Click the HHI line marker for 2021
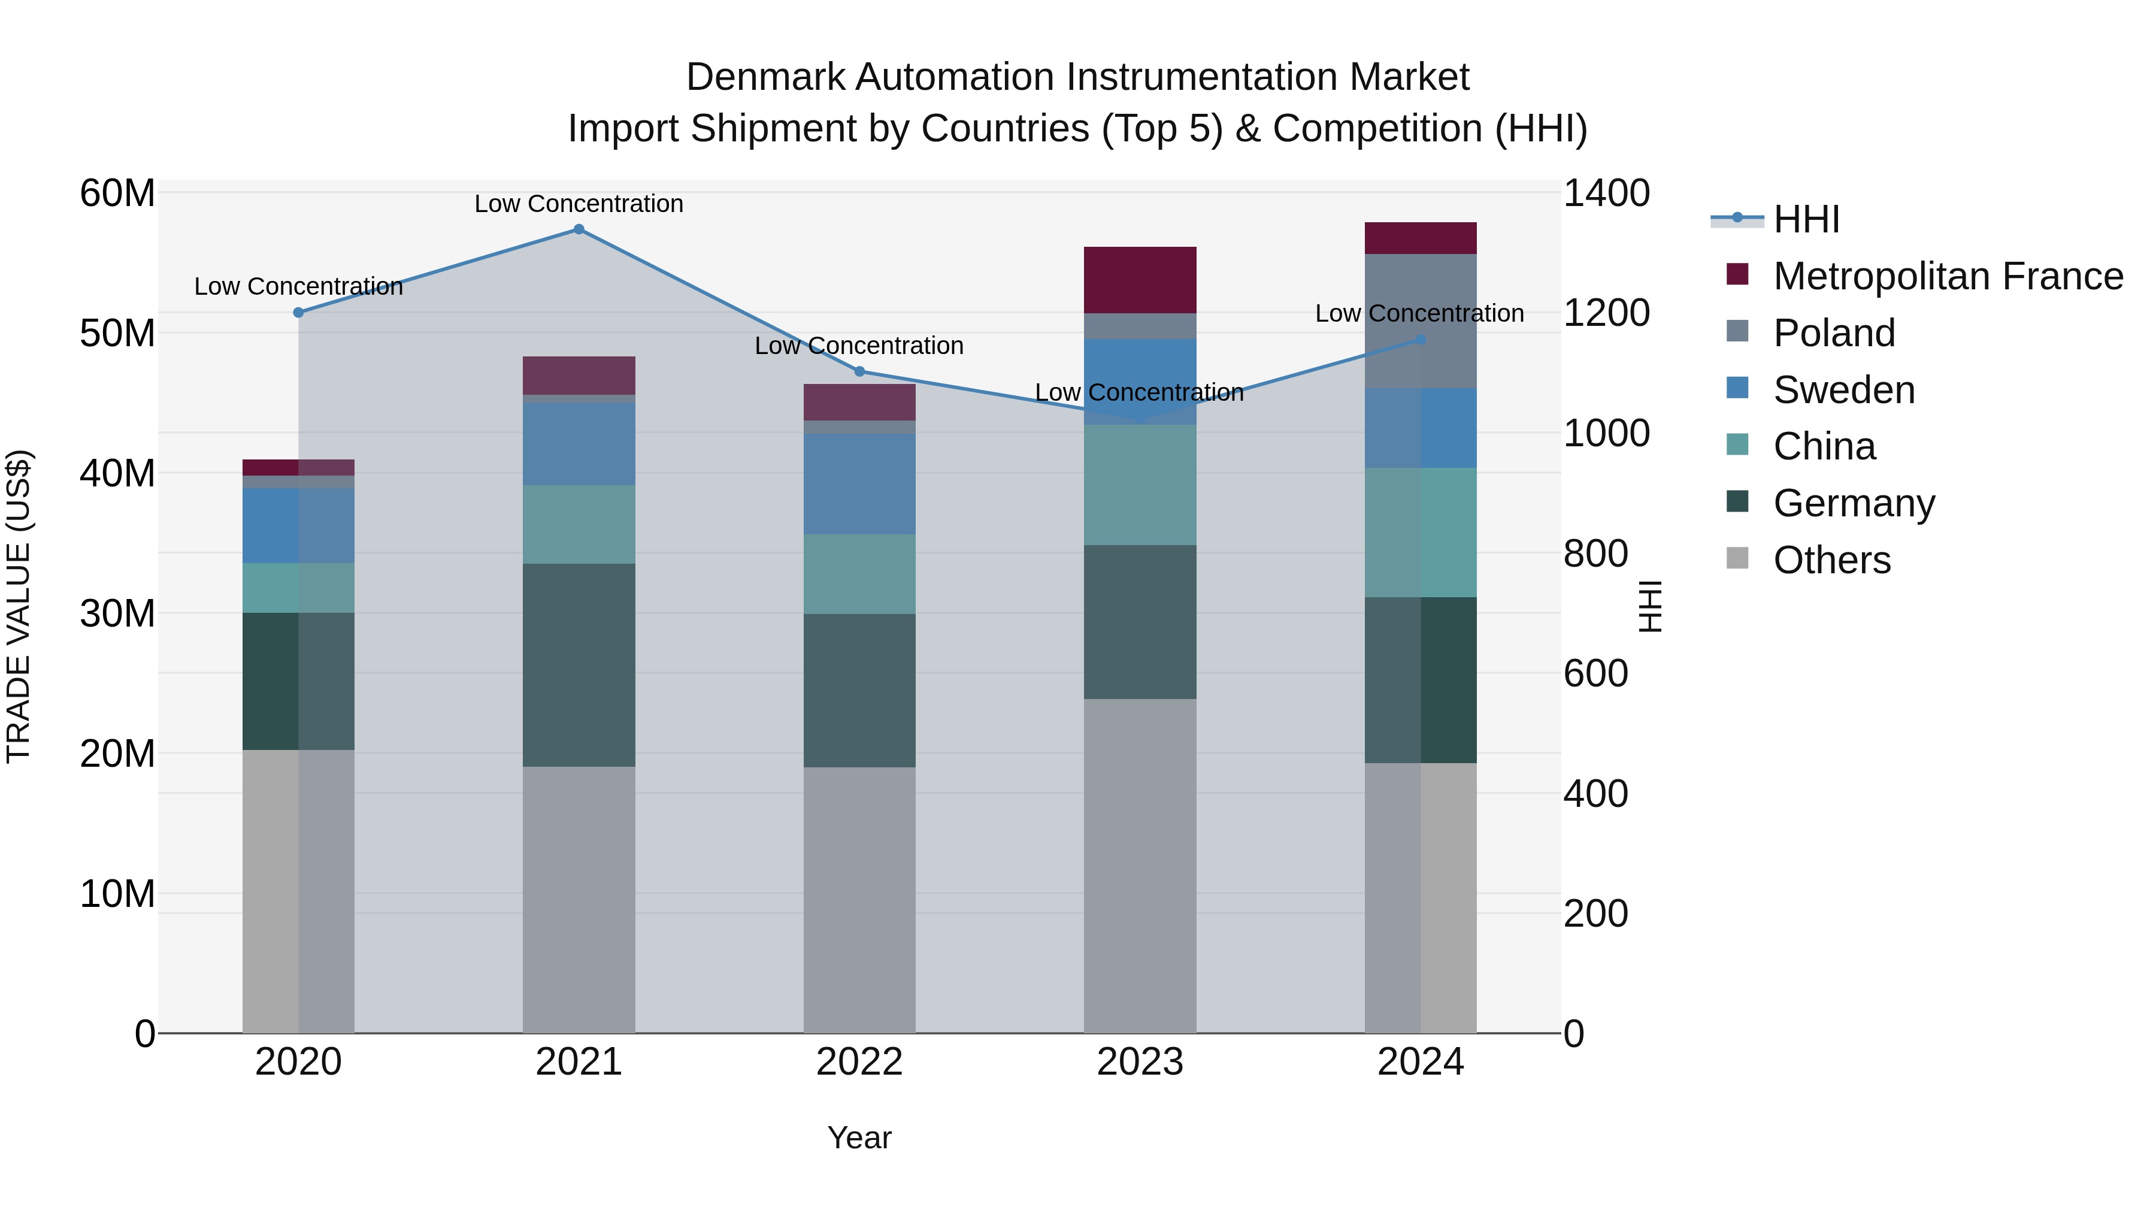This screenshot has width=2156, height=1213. pos(579,229)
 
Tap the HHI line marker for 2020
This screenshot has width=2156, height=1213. pos(298,312)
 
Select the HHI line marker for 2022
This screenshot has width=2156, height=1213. pos(859,371)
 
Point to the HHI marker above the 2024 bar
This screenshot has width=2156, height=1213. pos(1421,340)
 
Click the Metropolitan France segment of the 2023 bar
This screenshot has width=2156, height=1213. pos(1139,280)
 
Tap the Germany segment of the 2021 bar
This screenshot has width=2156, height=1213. pos(579,665)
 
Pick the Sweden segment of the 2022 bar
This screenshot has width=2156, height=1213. pos(859,484)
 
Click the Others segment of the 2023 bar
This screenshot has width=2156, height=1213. pos(1139,866)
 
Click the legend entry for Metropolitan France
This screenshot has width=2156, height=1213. pos(1947,276)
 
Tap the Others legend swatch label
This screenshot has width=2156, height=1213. pos(1831,560)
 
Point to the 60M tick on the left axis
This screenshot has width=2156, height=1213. pos(117,193)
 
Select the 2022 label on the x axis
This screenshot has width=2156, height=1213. pos(859,1062)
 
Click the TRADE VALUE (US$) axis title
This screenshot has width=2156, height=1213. pos(19,606)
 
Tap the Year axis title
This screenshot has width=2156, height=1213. pos(859,1138)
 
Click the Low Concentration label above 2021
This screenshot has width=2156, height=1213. pos(579,204)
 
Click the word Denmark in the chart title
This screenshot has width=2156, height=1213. pos(764,77)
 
